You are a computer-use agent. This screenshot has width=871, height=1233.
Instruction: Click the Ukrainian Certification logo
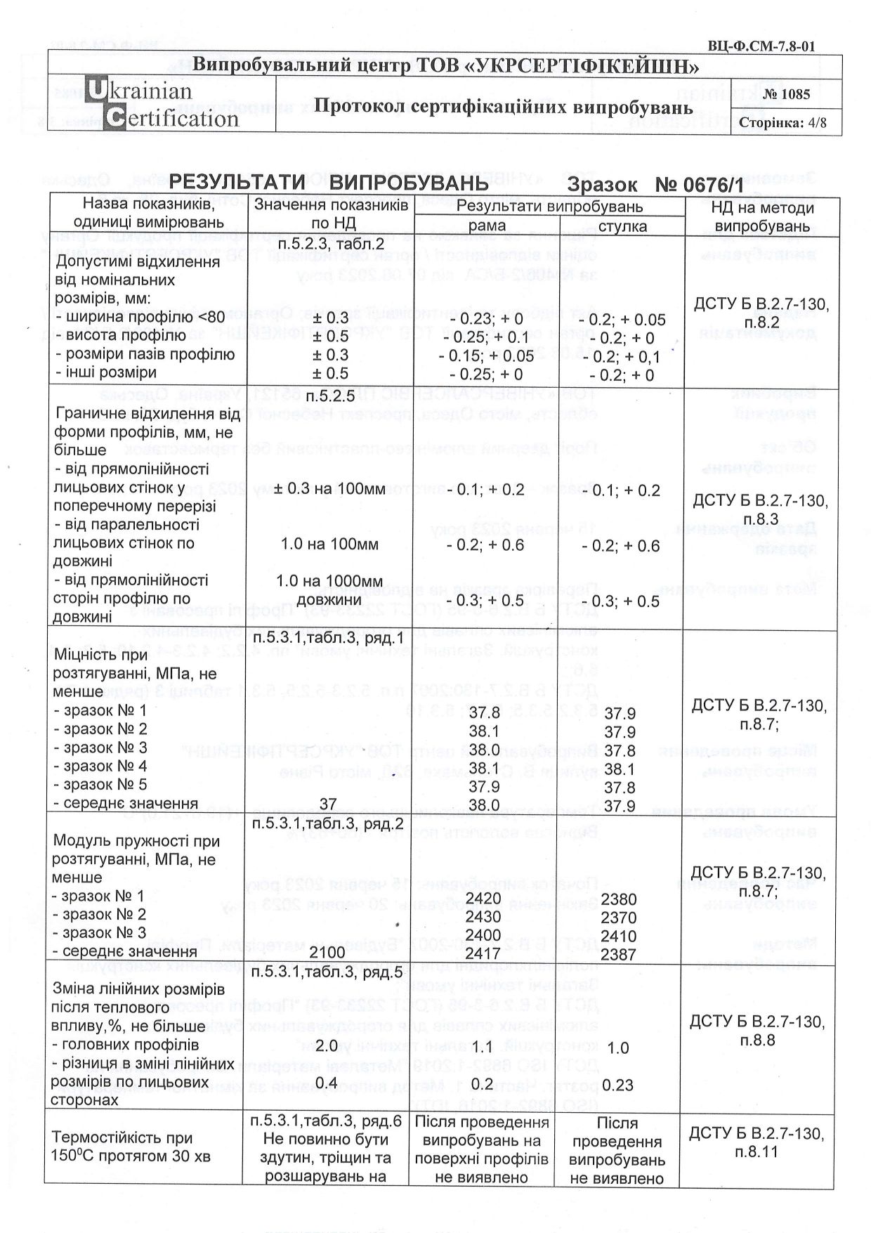(162, 105)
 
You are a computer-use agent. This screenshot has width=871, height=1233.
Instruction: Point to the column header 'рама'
(487, 226)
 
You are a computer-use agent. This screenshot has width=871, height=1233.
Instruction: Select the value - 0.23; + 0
(487, 319)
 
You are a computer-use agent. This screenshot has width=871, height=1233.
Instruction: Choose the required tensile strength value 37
(328, 803)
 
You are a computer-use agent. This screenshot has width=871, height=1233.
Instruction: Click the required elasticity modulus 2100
(327, 953)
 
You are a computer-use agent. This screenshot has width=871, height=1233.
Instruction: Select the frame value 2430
(484, 917)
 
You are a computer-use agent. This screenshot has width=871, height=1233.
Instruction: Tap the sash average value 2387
(619, 954)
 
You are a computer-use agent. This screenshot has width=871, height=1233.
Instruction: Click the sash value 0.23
(618, 1085)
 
